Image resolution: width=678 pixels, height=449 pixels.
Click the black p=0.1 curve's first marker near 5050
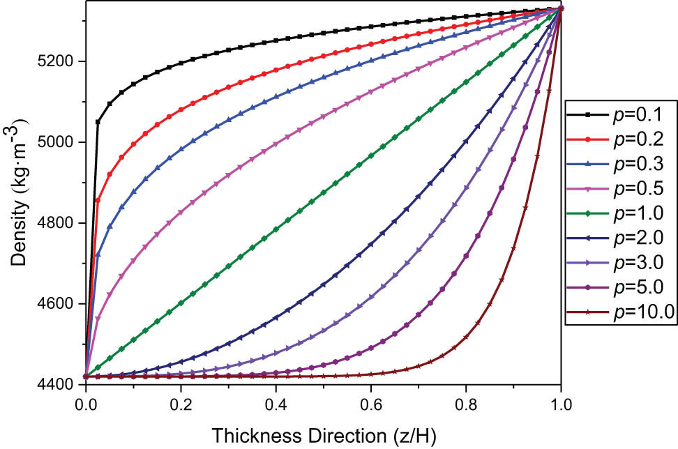[x=98, y=122]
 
